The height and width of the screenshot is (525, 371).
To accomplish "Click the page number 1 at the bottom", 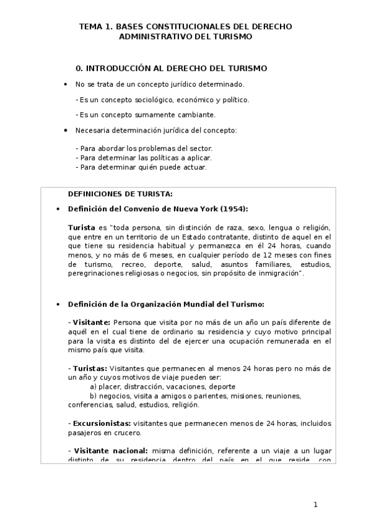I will click(x=315, y=505).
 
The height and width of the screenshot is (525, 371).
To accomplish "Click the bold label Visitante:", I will click(x=92, y=322).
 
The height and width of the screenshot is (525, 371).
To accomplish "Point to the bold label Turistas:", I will click(x=90, y=369).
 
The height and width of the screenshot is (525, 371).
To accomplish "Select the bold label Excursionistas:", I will click(x=100, y=423).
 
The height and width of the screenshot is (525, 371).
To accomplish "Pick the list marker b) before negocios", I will click(x=94, y=396).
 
